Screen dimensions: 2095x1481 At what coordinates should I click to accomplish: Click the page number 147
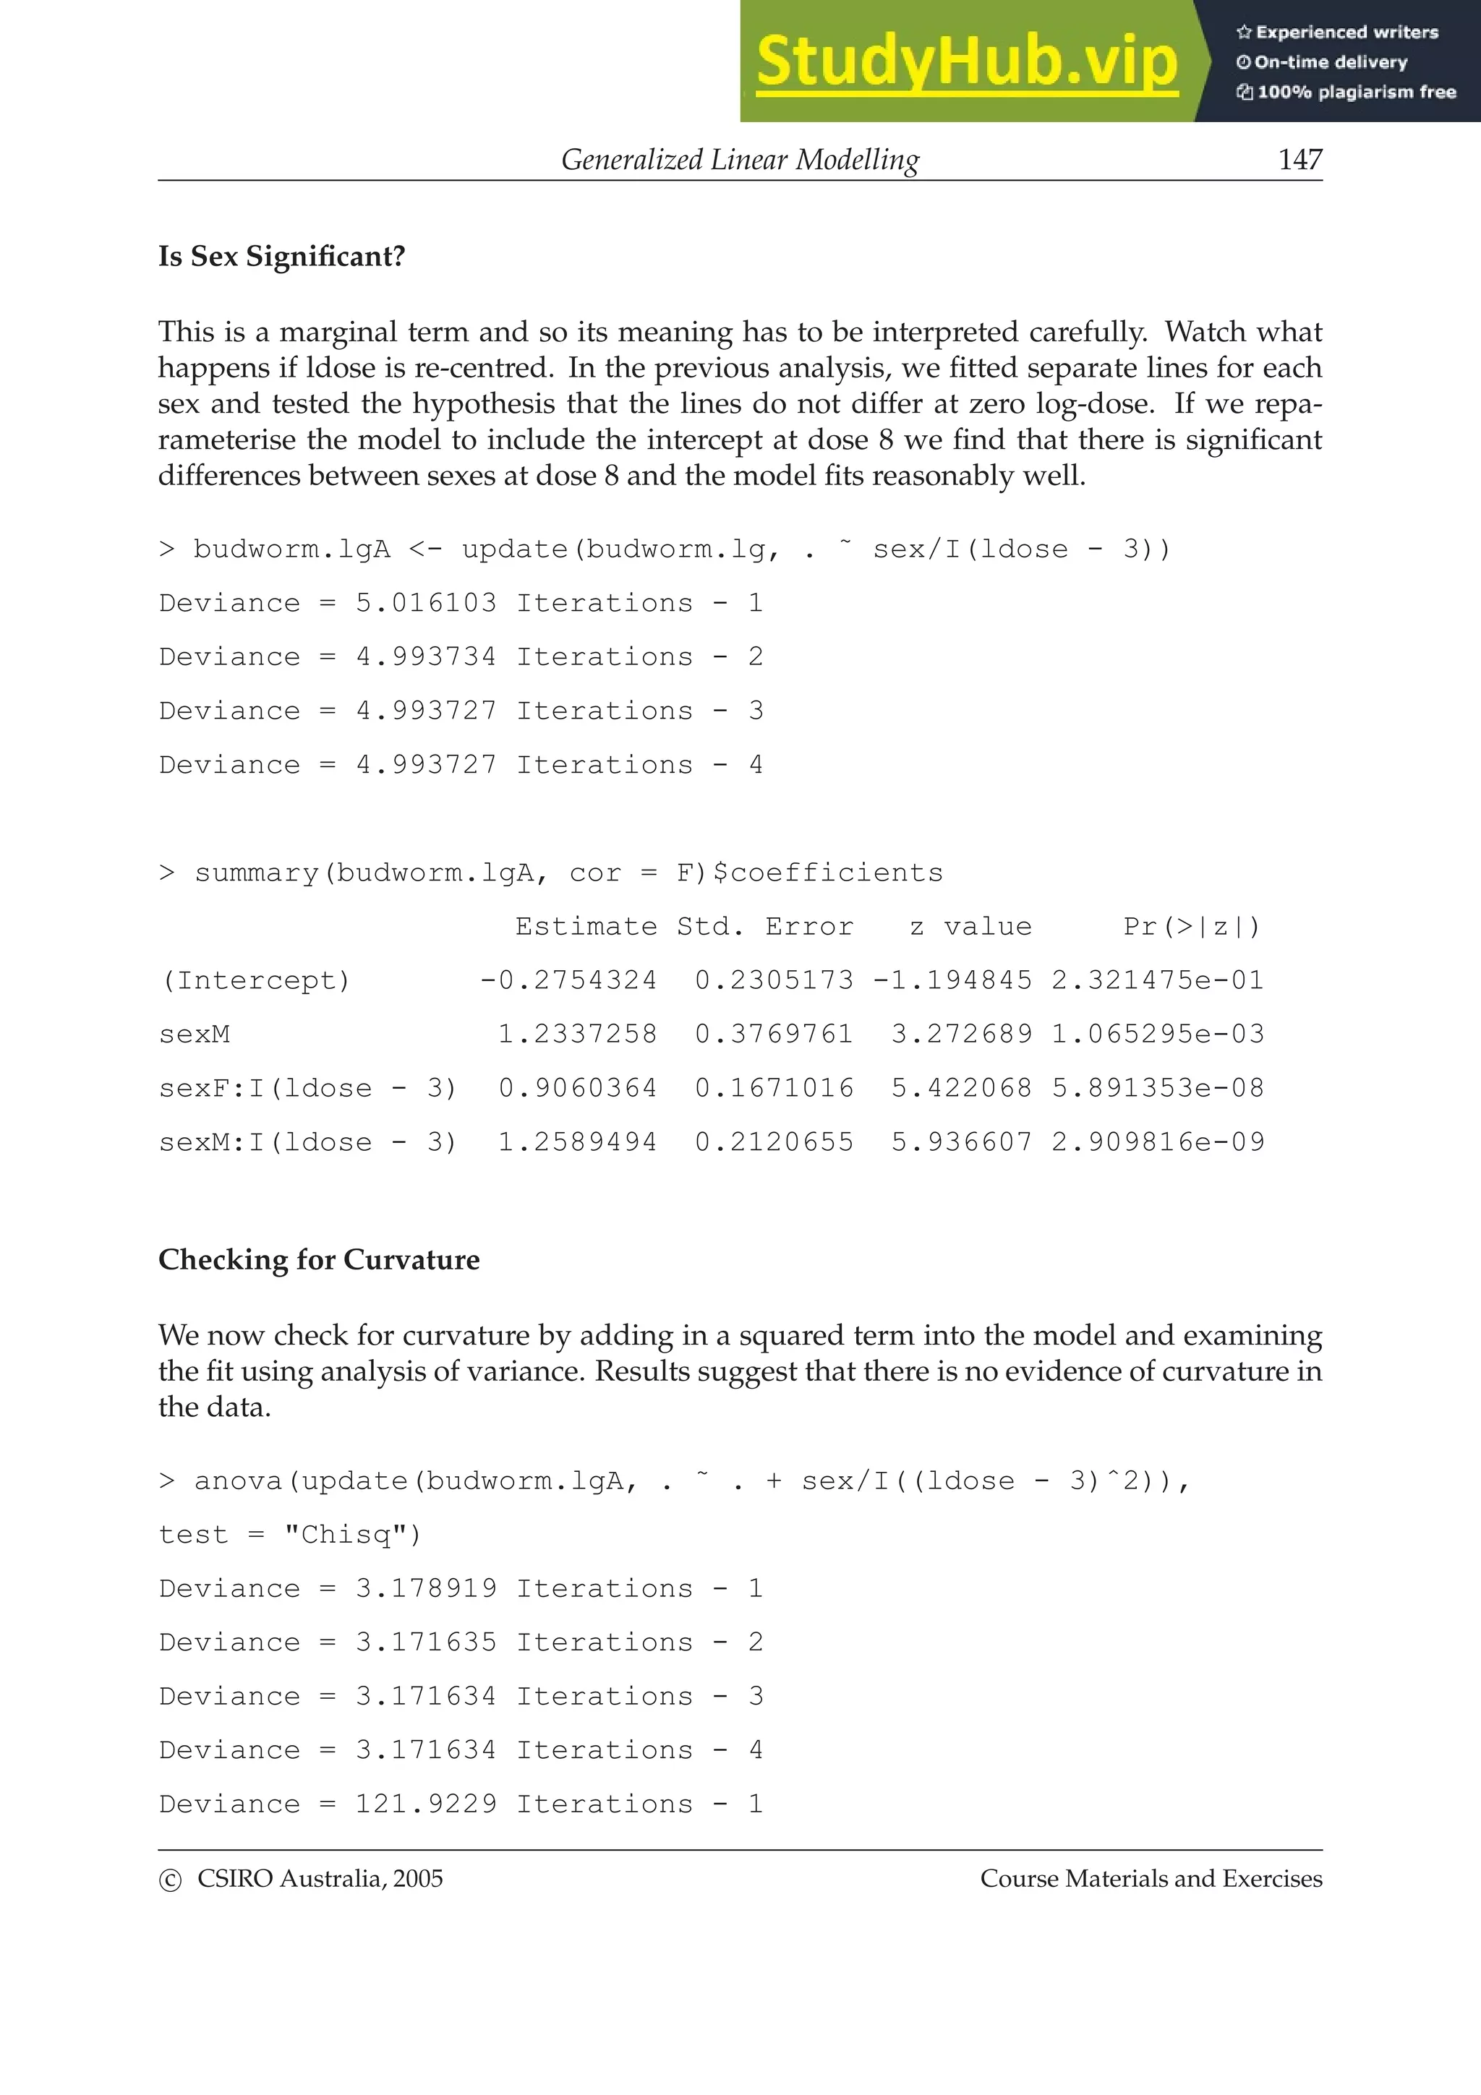pos(1299,160)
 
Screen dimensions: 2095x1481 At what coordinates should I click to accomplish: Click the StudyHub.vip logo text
pos(966,62)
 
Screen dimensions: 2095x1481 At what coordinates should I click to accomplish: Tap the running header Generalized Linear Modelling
pos(739,160)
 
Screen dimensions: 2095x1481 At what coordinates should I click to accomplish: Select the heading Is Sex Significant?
pos(281,257)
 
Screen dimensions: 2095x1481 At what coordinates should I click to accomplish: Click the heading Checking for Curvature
pos(318,1259)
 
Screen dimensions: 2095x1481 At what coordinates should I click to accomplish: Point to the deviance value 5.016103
pos(425,603)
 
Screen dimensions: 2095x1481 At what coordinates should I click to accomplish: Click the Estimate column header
pos(586,926)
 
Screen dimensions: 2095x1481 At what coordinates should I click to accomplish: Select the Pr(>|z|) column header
pos(1192,926)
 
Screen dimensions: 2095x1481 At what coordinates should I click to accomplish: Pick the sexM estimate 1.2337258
pos(576,1034)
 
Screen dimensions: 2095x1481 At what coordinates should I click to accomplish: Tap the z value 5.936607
pos(961,1141)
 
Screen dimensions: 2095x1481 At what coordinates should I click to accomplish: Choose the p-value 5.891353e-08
pos(1157,1088)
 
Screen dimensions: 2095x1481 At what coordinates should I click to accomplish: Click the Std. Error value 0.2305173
pos(774,980)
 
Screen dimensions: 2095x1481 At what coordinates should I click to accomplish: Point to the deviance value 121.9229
pos(425,1804)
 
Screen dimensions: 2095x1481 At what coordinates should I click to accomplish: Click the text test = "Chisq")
pos(289,1535)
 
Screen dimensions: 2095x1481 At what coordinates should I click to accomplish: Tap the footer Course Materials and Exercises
pos(1151,1879)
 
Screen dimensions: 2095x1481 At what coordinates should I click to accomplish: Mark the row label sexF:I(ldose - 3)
pos(307,1088)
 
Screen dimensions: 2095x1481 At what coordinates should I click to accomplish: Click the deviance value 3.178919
pos(425,1588)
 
